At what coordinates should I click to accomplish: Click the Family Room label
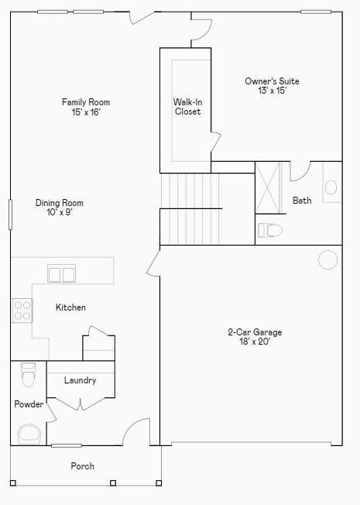click(86, 102)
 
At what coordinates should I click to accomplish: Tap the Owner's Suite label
click(272, 81)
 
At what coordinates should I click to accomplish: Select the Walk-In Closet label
click(187, 107)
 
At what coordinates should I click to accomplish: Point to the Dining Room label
click(59, 203)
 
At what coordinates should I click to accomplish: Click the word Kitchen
click(70, 307)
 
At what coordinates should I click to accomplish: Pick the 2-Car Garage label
click(255, 332)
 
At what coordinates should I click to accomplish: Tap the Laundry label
click(80, 380)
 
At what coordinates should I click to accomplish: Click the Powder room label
click(29, 404)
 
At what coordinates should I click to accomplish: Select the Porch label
click(83, 466)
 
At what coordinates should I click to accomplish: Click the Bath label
click(302, 201)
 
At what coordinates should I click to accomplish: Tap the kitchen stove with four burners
click(22, 311)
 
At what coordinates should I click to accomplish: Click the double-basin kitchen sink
click(62, 273)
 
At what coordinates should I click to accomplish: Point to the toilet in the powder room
click(29, 374)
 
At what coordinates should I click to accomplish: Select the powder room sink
click(29, 434)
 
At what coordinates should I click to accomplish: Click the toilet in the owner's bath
click(271, 230)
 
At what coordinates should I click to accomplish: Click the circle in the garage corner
click(328, 259)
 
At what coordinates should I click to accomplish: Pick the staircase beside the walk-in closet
click(190, 208)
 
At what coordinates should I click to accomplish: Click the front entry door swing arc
click(137, 431)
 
